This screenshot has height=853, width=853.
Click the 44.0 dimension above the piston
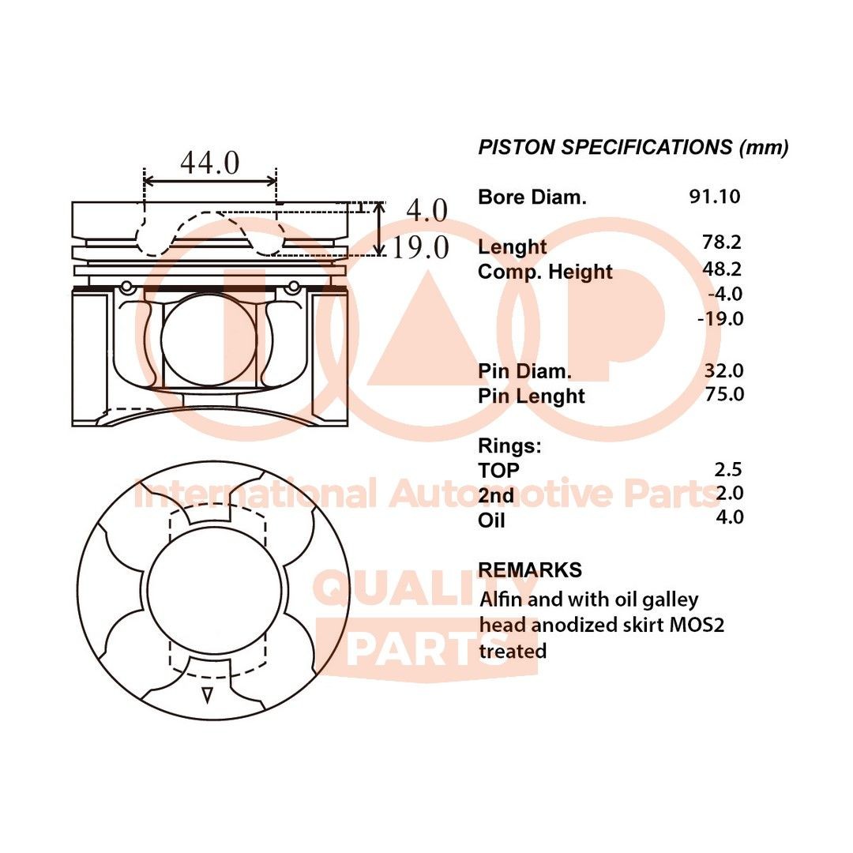(x=209, y=163)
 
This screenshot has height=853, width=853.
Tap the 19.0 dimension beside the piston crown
(x=420, y=248)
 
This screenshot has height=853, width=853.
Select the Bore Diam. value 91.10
(x=714, y=197)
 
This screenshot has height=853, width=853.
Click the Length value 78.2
(x=722, y=242)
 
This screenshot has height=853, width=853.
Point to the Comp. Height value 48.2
(x=722, y=269)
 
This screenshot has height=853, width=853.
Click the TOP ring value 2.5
(x=728, y=470)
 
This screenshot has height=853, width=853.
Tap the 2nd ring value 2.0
(x=728, y=494)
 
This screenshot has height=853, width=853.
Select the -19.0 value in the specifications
(x=720, y=318)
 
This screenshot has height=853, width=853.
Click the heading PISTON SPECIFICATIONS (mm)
(x=633, y=148)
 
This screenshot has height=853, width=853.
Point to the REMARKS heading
(x=530, y=569)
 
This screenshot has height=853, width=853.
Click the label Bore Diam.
(x=532, y=197)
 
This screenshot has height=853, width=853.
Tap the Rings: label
(x=509, y=446)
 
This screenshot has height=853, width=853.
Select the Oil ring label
(x=491, y=520)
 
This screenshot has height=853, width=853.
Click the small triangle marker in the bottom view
(x=208, y=694)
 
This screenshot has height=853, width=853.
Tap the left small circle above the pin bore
(x=126, y=285)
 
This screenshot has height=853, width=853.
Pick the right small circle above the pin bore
(x=294, y=285)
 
